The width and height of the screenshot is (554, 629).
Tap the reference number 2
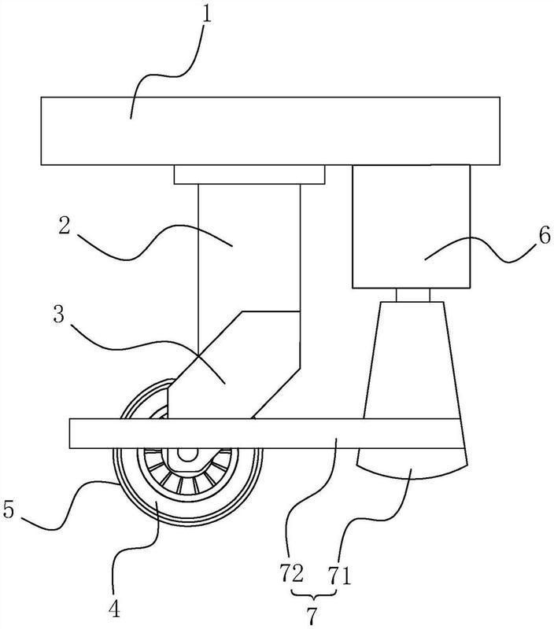[65, 226]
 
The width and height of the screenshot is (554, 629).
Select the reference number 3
[59, 315]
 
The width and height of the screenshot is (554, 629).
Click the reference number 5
[9, 509]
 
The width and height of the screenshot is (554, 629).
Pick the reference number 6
[545, 236]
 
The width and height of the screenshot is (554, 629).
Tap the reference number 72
[292, 575]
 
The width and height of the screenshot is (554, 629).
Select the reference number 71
[340, 576]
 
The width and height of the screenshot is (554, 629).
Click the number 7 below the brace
[312, 615]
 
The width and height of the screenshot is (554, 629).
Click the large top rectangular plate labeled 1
[270, 131]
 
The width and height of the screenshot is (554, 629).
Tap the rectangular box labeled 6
[411, 226]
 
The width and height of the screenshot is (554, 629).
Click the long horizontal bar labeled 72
[264, 433]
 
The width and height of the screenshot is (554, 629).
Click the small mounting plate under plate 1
[249, 175]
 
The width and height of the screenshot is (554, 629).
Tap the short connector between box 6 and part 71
[412, 295]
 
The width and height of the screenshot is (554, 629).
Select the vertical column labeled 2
[249, 247]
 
